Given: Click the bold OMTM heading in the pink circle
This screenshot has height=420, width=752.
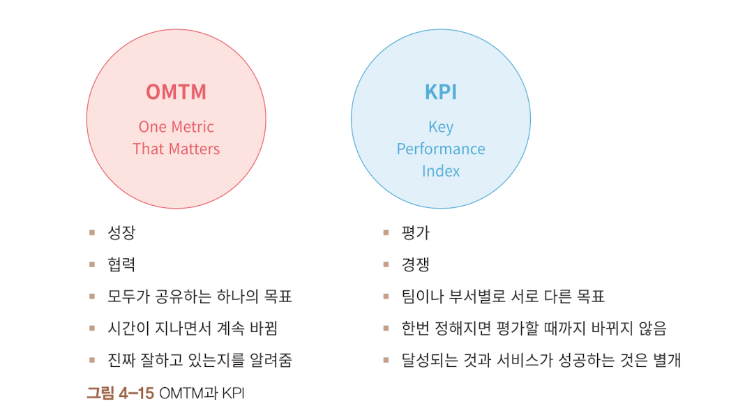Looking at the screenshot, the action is click(176, 92).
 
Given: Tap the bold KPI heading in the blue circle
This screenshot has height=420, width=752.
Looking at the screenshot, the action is click(441, 92).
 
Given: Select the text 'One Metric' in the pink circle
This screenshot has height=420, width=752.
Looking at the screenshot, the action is click(176, 127).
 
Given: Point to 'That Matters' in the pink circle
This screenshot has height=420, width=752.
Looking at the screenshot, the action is click(176, 149).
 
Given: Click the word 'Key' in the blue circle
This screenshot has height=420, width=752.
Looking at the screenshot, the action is click(441, 127).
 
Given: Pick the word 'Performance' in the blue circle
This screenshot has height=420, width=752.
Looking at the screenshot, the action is click(441, 149).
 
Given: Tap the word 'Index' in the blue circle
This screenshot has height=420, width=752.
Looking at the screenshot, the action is click(441, 171).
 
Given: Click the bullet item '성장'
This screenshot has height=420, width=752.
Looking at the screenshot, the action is click(121, 232).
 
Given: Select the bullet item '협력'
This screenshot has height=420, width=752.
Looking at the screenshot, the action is click(121, 264).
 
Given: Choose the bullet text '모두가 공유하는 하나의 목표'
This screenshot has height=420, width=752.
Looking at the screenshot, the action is click(200, 297).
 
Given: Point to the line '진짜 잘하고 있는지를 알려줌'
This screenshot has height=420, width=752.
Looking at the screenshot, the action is click(200, 361).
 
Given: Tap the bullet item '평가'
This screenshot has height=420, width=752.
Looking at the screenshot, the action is click(416, 232).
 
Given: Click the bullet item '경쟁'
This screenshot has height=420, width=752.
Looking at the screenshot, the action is click(416, 264).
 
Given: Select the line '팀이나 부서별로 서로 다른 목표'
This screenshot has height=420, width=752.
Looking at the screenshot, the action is click(503, 297).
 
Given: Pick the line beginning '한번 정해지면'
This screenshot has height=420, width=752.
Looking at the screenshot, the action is click(534, 329).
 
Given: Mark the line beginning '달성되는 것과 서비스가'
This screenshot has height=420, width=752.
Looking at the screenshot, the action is click(541, 361).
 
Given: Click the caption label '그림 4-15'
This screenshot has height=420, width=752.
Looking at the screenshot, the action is click(119, 393).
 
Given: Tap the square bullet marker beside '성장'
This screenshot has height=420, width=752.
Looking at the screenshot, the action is click(92, 232).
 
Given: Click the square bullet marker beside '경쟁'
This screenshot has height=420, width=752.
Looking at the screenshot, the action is click(386, 264).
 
